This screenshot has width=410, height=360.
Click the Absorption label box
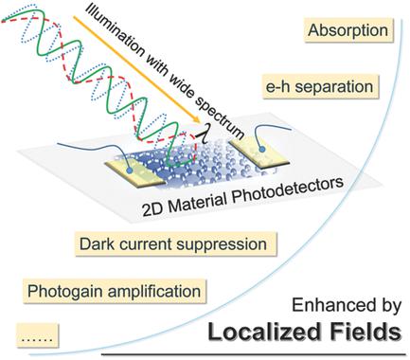(x=348, y=31)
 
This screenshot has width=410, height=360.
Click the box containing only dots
(x=36, y=333)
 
